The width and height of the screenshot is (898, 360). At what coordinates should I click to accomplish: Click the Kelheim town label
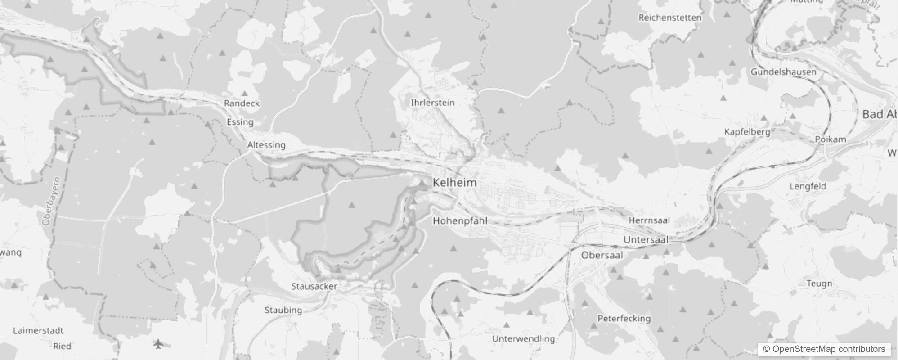click(x=454, y=183)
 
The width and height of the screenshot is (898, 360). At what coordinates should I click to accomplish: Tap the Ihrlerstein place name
click(x=432, y=103)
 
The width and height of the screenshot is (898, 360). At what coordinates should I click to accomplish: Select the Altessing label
click(x=266, y=145)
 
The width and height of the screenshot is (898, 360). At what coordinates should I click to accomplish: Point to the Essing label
click(x=240, y=122)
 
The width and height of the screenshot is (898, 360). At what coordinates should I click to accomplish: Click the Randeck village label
click(x=242, y=103)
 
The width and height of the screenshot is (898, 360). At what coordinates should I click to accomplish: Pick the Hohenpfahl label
click(x=460, y=220)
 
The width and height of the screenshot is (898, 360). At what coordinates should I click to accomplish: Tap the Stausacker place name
click(x=314, y=286)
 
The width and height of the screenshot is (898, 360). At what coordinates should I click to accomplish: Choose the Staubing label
click(x=283, y=310)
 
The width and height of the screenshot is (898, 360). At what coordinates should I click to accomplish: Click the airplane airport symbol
click(x=158, y=344)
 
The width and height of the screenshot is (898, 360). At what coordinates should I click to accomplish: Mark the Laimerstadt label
click(x=38, y=331)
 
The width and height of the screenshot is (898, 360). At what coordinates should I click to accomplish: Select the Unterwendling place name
click(x=523, y=338)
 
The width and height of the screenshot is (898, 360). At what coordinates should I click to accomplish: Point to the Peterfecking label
click(x=624, y=318)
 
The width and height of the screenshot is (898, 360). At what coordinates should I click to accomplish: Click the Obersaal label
click(x=602, y=255)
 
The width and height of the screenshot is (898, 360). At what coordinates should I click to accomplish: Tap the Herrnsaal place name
click(x=649, y=220)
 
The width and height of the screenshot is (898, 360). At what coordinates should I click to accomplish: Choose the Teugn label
click(x=819, y=283)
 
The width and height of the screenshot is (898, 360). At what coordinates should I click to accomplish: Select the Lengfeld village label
click(x=808, y=186)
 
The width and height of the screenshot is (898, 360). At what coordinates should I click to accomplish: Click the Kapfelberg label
click(x=747, y=132)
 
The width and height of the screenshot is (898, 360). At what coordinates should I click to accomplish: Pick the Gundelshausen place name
click(x=783, y=72)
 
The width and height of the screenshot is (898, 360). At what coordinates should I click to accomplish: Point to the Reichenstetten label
click(x=669, y=18)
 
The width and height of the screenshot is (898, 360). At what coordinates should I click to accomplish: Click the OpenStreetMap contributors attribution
click(x=824, y=349)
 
